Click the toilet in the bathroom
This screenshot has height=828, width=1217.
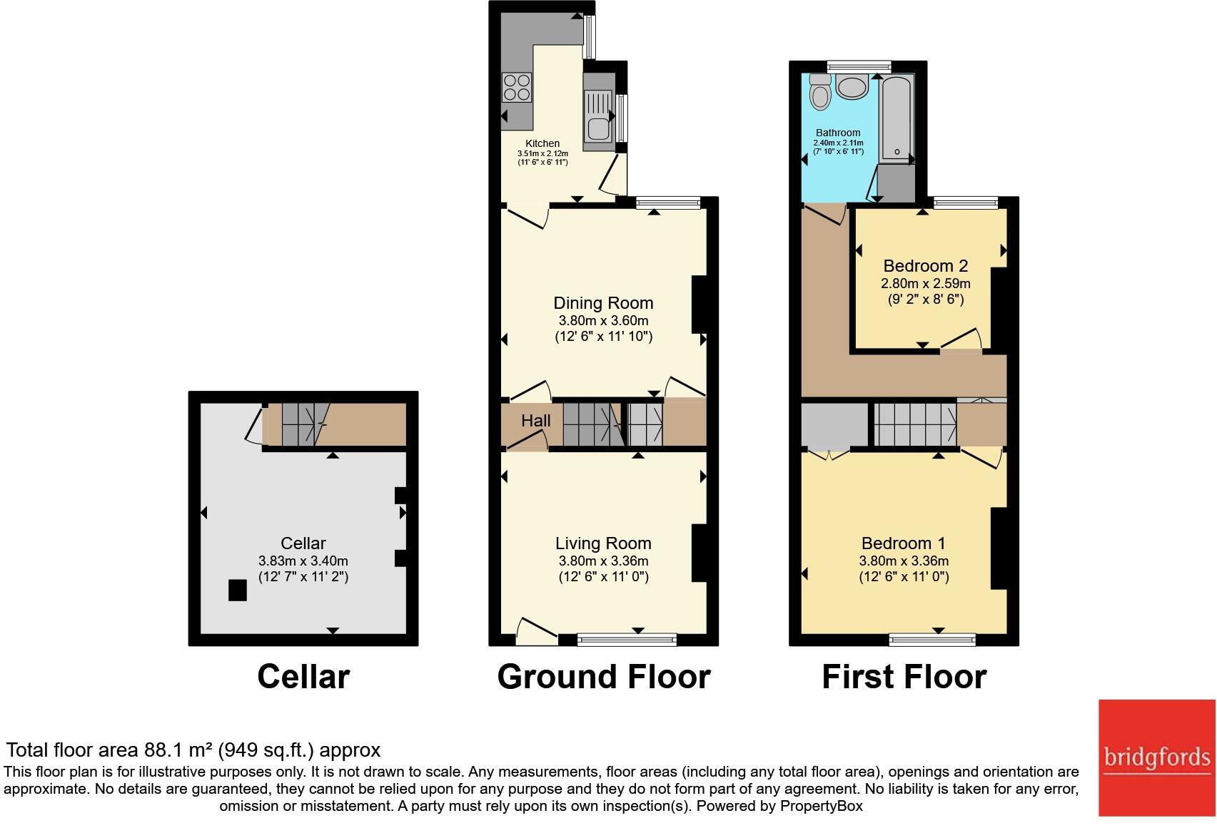(x=820, y=92)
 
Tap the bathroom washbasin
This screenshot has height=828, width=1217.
(x=852, y=87)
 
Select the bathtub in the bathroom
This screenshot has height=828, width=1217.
(x=897, y=119)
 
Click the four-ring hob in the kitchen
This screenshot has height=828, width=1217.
(x=517, y=88)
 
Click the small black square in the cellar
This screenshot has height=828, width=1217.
(x=238, y=591)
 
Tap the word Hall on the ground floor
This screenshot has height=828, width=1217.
(x=536, y=420)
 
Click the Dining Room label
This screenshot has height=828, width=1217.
(x=603, y=303)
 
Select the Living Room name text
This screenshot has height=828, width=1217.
(x=603, y=543)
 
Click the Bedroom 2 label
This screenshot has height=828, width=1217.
(x=926, y=265)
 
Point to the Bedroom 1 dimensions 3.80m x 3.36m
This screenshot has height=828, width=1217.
(x=904, y=561)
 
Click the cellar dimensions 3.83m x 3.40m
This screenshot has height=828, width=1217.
(x=303, y=561)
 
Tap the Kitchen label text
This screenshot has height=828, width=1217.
(x=542, y=143)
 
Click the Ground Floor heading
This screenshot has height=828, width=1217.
(x=604, y=677)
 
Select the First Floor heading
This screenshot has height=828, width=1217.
(x=904, y=677)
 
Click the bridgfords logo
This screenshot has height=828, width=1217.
(x=1157, y=758)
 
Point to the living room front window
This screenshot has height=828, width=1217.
(x=627, y=640)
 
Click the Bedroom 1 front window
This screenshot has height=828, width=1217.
(x=932, y=640)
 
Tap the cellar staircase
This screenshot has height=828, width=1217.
(x=306, y=424)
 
